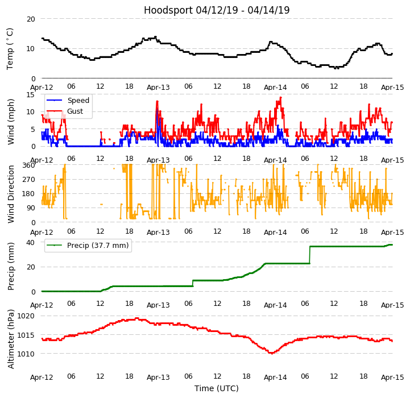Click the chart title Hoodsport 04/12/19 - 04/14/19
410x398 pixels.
coord(217,10)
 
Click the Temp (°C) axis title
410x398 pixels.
coord(10,49)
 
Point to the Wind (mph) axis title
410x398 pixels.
coord(11,121)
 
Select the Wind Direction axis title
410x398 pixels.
coord(11,193)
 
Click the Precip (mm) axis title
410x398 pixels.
coord(11,266)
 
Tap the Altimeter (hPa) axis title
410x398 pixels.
coord(11,339)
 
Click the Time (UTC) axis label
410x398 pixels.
coord(217,389)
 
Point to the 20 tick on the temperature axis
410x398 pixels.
coord(30,19)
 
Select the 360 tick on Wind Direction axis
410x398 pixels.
coord(28,165)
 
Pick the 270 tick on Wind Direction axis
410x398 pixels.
coord(28,180)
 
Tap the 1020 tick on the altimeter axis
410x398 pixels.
coord(26,316)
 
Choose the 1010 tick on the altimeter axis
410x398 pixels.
coord(26,354)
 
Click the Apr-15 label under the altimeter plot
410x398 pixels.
coord(392,378)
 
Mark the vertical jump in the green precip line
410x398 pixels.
coord(310,255)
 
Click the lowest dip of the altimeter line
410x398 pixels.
coord(272,353)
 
